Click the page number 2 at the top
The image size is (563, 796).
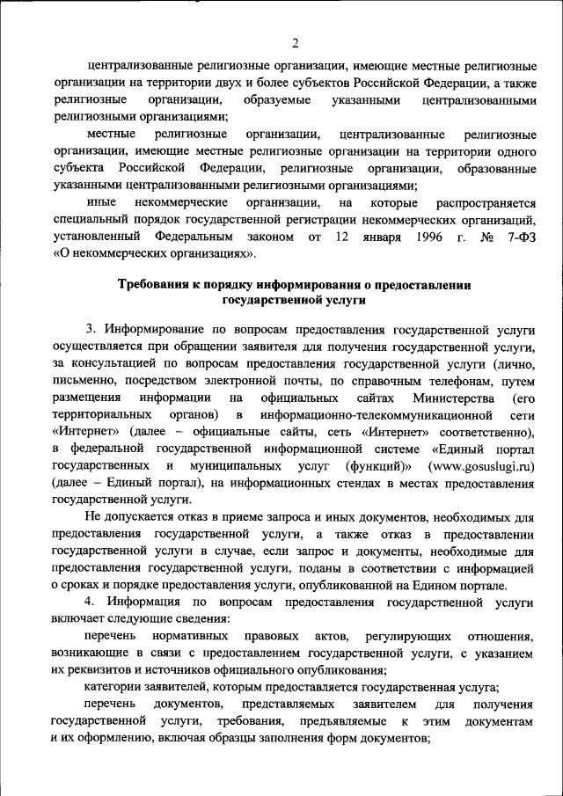point(296,42)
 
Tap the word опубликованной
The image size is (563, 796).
point(367,585)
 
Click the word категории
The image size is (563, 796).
point(113,687)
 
